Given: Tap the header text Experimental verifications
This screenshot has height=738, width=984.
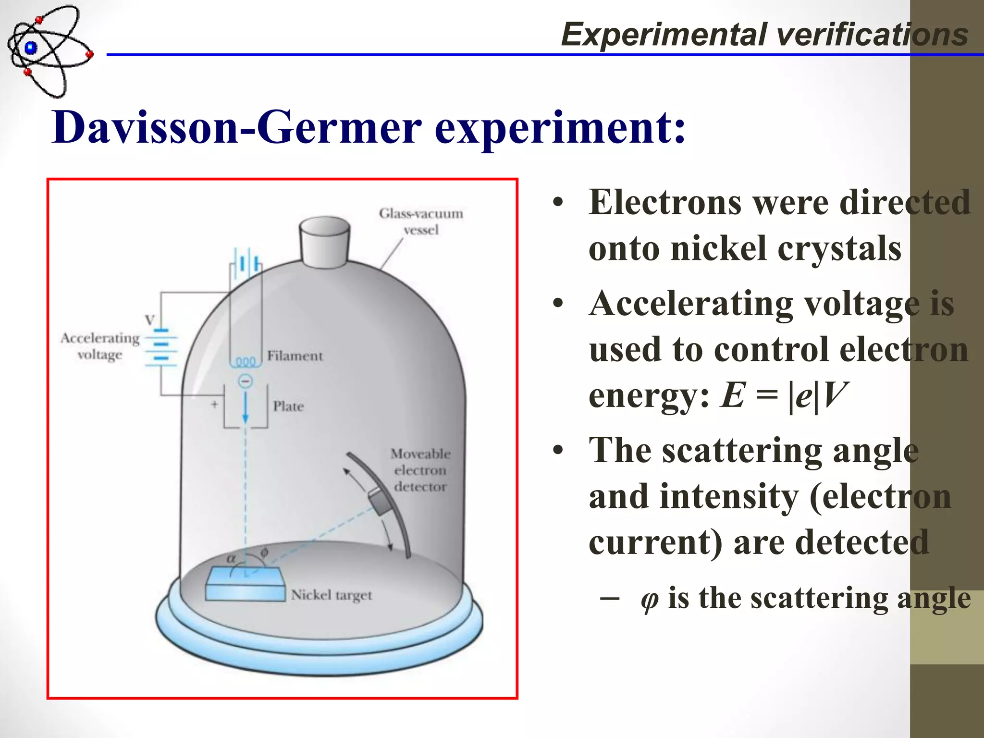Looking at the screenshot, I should (764, 35).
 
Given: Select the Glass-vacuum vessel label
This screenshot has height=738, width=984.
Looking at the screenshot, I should (421, 221).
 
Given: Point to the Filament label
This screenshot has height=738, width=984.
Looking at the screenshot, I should (295, 356).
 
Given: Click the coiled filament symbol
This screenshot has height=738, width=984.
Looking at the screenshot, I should (246, 362).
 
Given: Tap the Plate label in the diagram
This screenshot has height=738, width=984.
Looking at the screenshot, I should (288, 406).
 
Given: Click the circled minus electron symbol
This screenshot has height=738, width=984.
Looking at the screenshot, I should (246, 381).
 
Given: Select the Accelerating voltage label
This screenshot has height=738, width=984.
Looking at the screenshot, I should (100, 346).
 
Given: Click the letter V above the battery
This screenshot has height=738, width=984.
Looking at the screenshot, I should (150, 320).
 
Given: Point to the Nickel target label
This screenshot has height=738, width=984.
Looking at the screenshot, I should (332, 595).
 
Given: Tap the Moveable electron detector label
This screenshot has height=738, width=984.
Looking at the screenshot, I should (420, 470).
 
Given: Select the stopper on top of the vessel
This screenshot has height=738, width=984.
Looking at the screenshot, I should (324, 242).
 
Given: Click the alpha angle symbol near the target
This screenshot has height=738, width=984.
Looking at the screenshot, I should (231, 559).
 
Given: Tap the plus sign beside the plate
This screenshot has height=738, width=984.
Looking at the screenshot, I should (214, 405).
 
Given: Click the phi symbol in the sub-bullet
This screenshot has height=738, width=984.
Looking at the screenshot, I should (649, 599).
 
